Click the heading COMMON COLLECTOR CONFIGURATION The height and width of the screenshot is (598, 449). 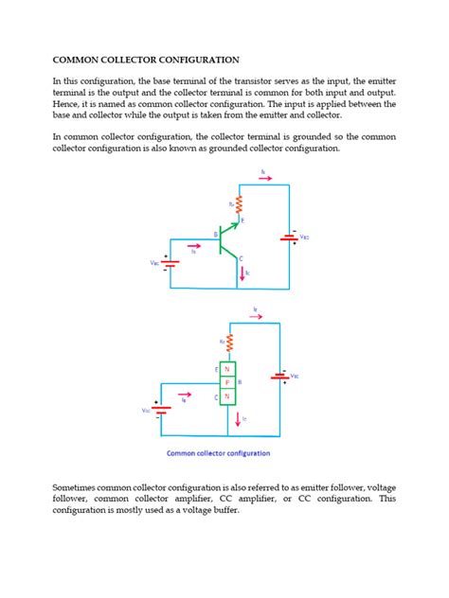click(x=145, y=59)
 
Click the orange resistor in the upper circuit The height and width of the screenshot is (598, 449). click(x=240, y=204)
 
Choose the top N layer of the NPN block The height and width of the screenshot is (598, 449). click(x=227, y=369)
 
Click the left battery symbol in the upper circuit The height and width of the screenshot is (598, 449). click(x=170, y=261)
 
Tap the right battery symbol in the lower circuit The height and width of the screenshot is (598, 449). click(x=279, y=377)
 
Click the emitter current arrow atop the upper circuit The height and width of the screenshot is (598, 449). click(x=264, y=175)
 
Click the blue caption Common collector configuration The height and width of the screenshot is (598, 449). click(x=224, y=453)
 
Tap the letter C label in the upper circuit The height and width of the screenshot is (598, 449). click(x=242, y=258)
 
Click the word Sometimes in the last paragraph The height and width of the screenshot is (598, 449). click(x=81, y=485)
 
